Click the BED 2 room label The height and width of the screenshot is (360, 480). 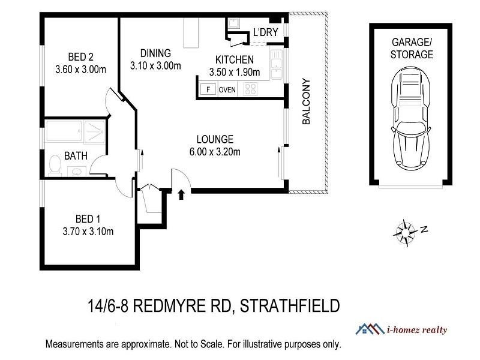coord(81,57)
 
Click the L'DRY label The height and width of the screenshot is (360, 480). coord(265,32)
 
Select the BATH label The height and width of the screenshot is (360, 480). coord(76,156)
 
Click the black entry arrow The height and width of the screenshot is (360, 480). coord(182,194)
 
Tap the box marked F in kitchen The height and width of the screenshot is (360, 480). coord(208,90)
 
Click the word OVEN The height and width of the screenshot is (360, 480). coord(227,90)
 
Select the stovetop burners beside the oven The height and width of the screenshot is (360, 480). coord(251,90)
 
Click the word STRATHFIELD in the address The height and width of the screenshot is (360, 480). coord(289,307)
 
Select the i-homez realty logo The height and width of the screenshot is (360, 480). coord(401,329)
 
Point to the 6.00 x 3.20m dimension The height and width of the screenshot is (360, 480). coord(215,152)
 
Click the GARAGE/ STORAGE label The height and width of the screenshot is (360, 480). coord(412,49)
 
